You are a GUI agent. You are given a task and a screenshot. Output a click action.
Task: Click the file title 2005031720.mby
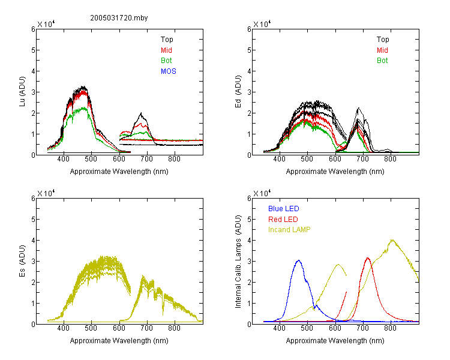click(119, 18)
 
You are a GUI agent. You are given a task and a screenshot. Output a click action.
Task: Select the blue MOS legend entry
click(169, 71)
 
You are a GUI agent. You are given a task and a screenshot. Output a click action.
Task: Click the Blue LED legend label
click(284, 209)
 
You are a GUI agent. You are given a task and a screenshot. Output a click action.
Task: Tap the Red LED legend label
click(283, 220)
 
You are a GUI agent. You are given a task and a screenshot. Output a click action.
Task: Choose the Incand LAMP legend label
click(289, 230)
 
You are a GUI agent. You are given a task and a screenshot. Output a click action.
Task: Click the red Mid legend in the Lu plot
click(166, 50)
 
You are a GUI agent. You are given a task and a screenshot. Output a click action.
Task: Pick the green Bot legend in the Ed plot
click(382, 61)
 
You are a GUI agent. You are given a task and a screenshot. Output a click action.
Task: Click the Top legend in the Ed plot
click(383, 40)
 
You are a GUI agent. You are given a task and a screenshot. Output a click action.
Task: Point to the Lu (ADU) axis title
click(22, 91)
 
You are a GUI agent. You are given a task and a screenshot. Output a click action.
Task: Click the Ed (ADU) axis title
click(238, 91)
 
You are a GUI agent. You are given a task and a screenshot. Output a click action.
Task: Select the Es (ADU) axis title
click(22, 260)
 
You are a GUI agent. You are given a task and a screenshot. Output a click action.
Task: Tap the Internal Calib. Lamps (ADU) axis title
click(238, 262)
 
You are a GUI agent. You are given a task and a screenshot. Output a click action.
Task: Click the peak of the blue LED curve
click(298, 260)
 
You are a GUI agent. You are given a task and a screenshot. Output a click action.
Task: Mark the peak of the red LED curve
click(368, 258)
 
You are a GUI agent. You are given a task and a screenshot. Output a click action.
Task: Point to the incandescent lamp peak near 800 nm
click(392, 240)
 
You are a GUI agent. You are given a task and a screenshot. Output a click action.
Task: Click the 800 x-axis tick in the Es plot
click(174, 328)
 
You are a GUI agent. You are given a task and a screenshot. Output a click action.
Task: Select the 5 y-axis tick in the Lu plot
click(33, 50)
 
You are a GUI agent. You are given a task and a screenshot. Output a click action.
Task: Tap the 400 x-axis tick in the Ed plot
click(280, 159)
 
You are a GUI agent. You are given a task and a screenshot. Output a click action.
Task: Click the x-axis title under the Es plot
click(119, 341)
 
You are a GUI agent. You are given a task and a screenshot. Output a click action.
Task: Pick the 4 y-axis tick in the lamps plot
click(249, 240)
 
